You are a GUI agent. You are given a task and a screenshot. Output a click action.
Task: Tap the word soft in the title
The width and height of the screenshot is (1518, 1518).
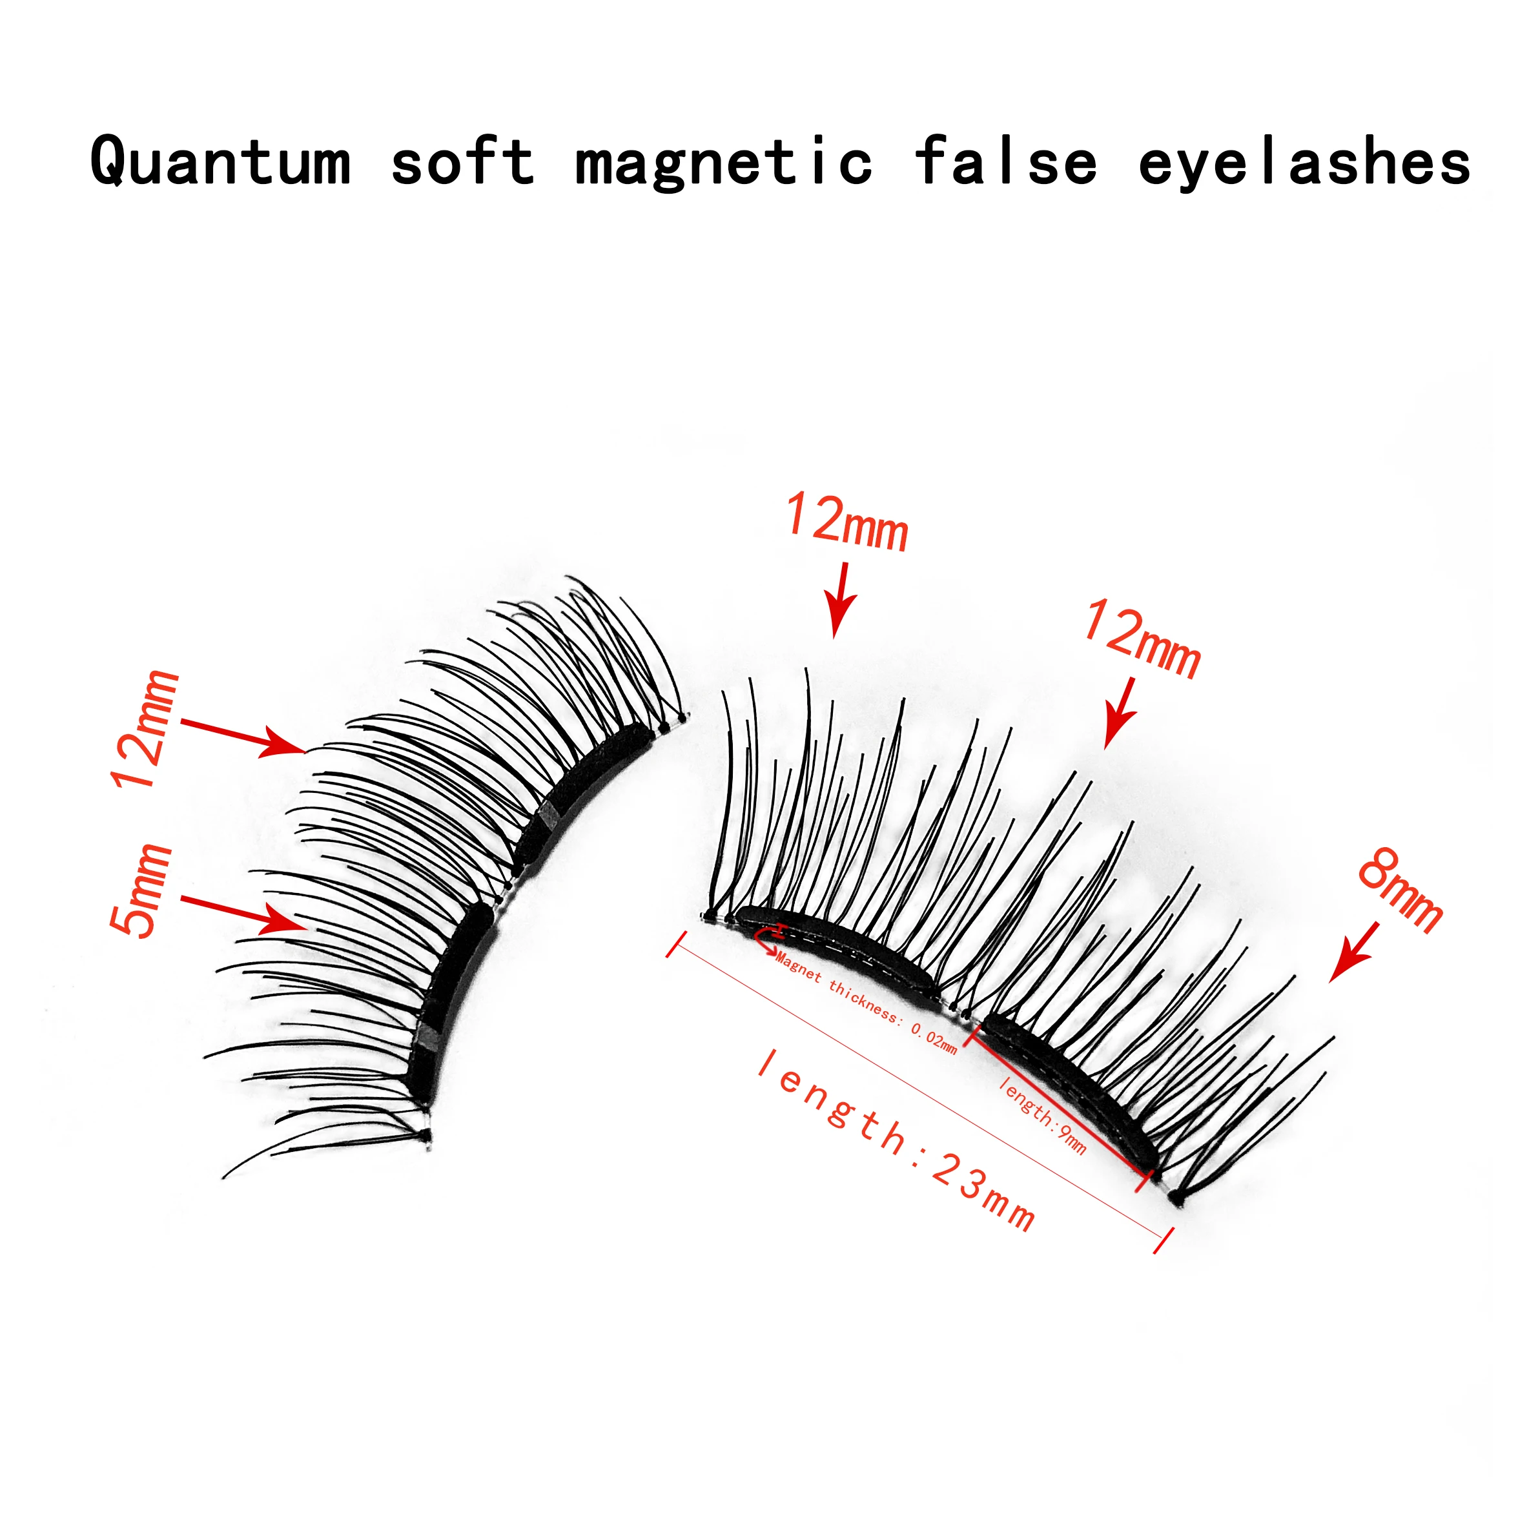[463, 161]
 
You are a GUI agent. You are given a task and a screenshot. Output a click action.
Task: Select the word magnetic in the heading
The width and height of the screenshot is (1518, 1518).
[724, 161]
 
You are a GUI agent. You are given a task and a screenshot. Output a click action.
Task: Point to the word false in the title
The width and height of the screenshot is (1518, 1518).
[1007, 161]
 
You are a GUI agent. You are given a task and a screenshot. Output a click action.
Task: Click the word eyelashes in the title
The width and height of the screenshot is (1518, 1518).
[1304, 161]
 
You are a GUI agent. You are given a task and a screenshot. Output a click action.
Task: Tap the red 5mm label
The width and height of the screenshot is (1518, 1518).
[141, 890]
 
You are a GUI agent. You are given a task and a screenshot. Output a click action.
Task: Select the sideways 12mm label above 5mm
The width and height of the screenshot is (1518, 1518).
[146, 730]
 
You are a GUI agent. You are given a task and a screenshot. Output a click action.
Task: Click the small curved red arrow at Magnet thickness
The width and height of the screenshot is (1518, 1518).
[765, 938]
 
